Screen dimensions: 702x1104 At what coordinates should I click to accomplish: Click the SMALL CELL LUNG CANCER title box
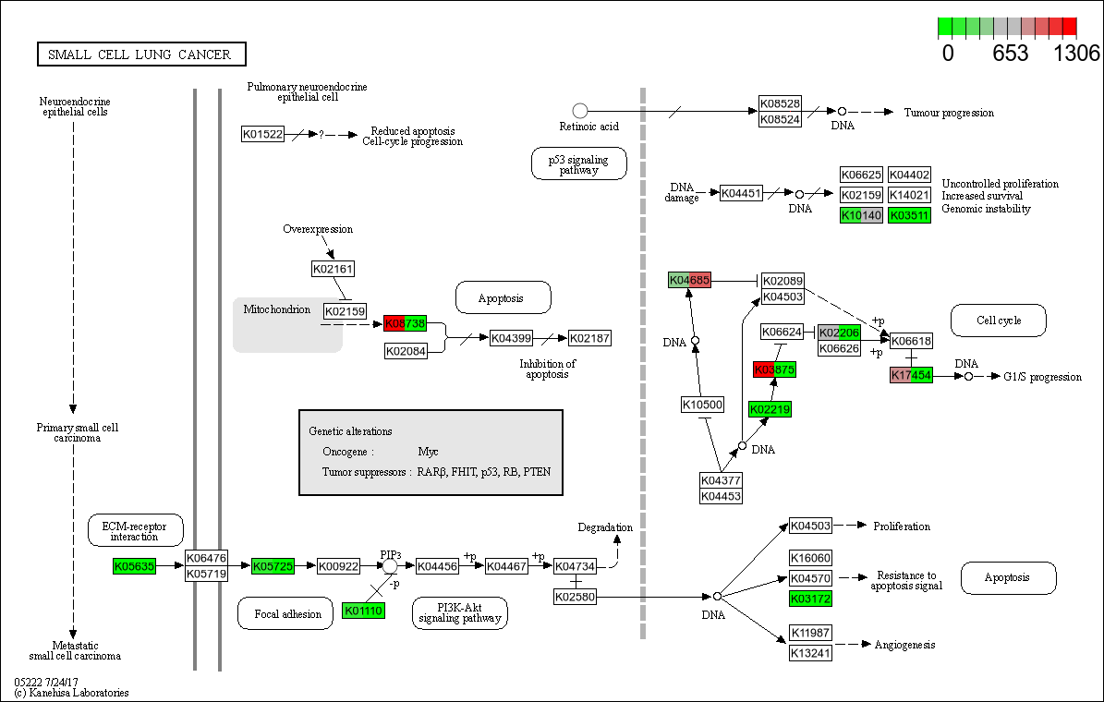[x=141, y=54]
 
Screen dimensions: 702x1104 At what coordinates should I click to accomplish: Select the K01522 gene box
[x=262, y=134]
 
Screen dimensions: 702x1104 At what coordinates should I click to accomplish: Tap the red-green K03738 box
[x=406, y=323]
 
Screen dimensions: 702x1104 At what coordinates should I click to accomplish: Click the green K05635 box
[x=134, y=565]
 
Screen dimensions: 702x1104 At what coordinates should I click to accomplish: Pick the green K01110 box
[x=363, y=611]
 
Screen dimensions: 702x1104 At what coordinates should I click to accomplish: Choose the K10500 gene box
[x=702, y=405]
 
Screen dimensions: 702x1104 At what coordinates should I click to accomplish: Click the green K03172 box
[x=810, y=599]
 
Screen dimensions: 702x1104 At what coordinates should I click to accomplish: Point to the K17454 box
[x=911, y=375]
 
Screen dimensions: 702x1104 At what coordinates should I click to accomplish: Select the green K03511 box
[x=909, y=215]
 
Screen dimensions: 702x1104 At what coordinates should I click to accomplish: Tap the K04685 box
[x=689, y=280]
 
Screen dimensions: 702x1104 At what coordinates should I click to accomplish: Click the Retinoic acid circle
[x=580, y=111]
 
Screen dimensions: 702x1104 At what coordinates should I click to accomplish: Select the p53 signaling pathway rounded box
[x=579, y=164]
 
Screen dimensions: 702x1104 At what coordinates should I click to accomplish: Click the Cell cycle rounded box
[x=999, y=321]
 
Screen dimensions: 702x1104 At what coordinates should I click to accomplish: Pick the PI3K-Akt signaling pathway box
[x=459, y=612]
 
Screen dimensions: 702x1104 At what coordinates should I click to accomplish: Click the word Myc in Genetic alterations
[x=428, y=452]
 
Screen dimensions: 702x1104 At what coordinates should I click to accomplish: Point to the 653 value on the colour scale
[x=1010, y=54]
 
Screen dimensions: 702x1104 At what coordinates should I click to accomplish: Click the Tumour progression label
[x=949, y=113]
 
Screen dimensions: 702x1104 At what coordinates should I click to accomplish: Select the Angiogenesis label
[x=904, y=645]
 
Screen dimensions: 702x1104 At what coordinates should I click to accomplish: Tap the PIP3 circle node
[x=390, y=565]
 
